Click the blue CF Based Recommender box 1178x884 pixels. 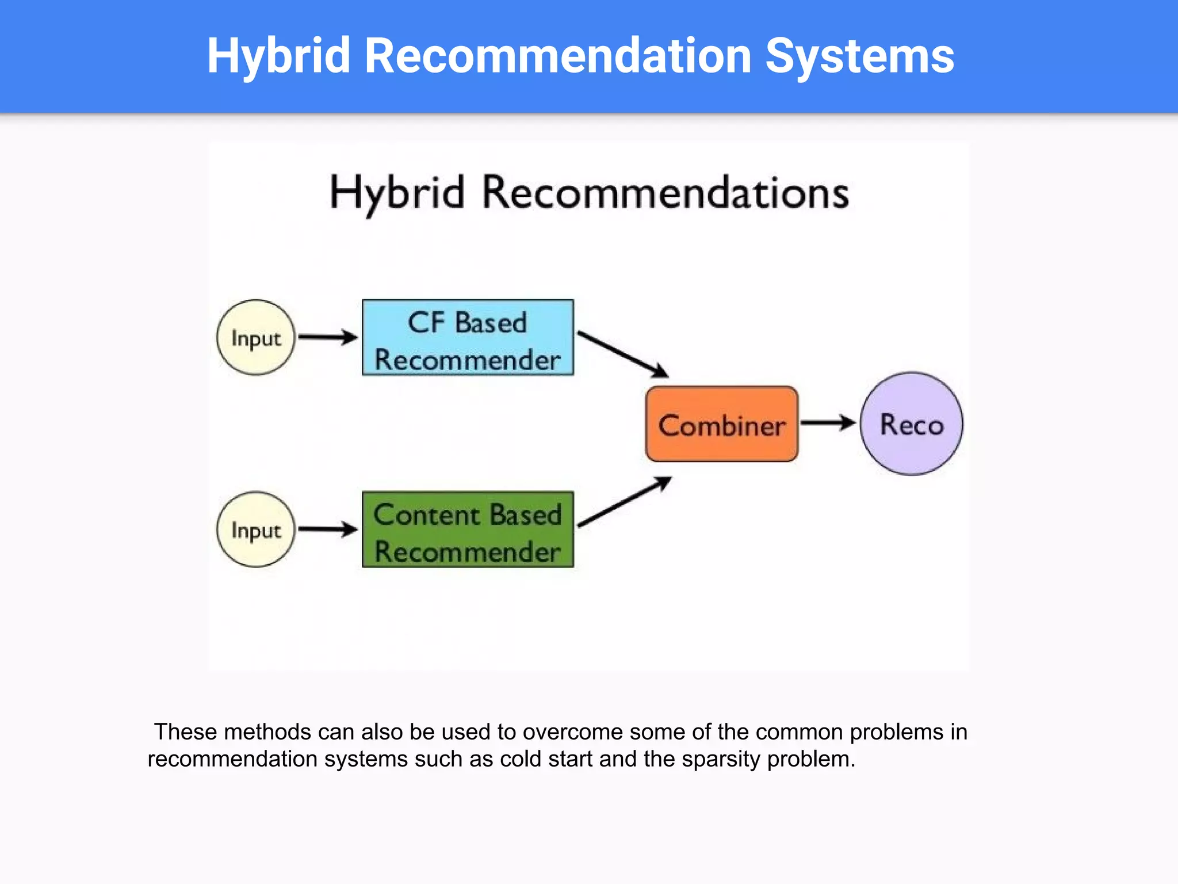[x=468, y=338]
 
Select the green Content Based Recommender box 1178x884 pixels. [x=468, y=529]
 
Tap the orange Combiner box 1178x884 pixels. [x=721, y=425]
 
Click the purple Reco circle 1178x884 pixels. [x=911, y=424]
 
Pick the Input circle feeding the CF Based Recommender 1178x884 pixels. [x=256, y=338]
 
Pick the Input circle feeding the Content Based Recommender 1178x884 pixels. [x=256, y=529]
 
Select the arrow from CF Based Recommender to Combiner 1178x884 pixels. [x=622, y=354]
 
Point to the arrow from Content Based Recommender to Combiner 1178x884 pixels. [x=624, y=502]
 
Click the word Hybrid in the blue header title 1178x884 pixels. [x=278, y=56]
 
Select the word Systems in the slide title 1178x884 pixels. [x=859, y=56]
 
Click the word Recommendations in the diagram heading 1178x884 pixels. [x=665, y=193]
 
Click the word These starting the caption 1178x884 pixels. [x=185, y=732]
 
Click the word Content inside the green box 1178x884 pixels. [x=426, y=515]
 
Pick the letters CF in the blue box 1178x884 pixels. [x=426, y=322]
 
